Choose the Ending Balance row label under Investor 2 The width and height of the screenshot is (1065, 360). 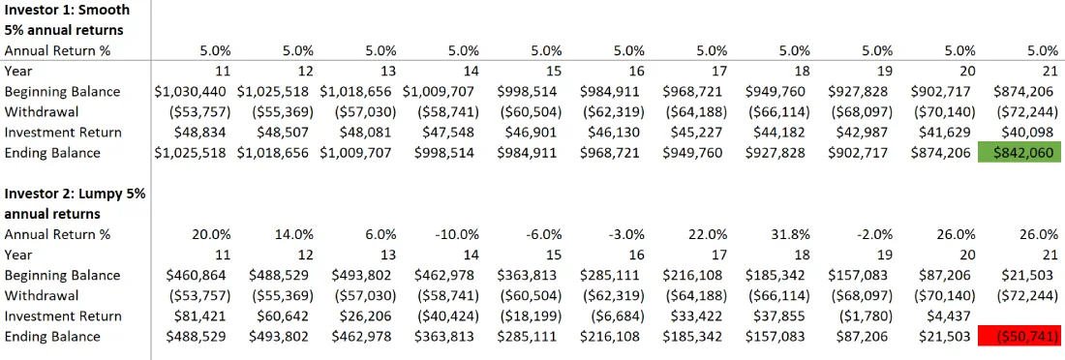tap(52, 337)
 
